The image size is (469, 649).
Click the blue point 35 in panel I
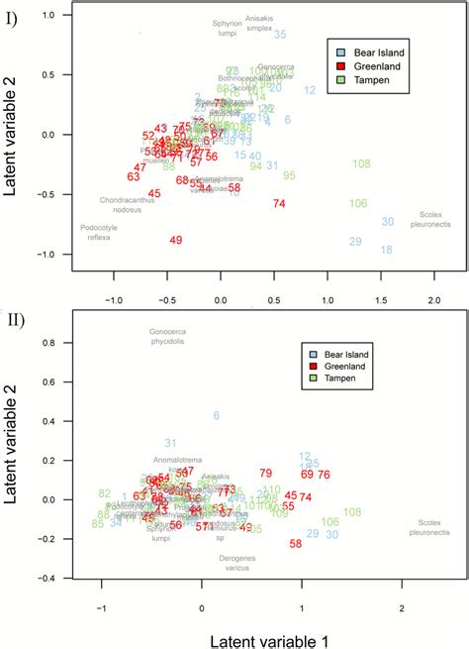point(280,35)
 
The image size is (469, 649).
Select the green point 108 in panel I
point(361,163)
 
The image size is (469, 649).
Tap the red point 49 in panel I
point(176,240)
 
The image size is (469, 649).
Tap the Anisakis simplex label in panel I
point(258,25)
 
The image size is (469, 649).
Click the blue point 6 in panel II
point(217,415)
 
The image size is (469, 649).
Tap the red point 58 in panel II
point(295,543)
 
